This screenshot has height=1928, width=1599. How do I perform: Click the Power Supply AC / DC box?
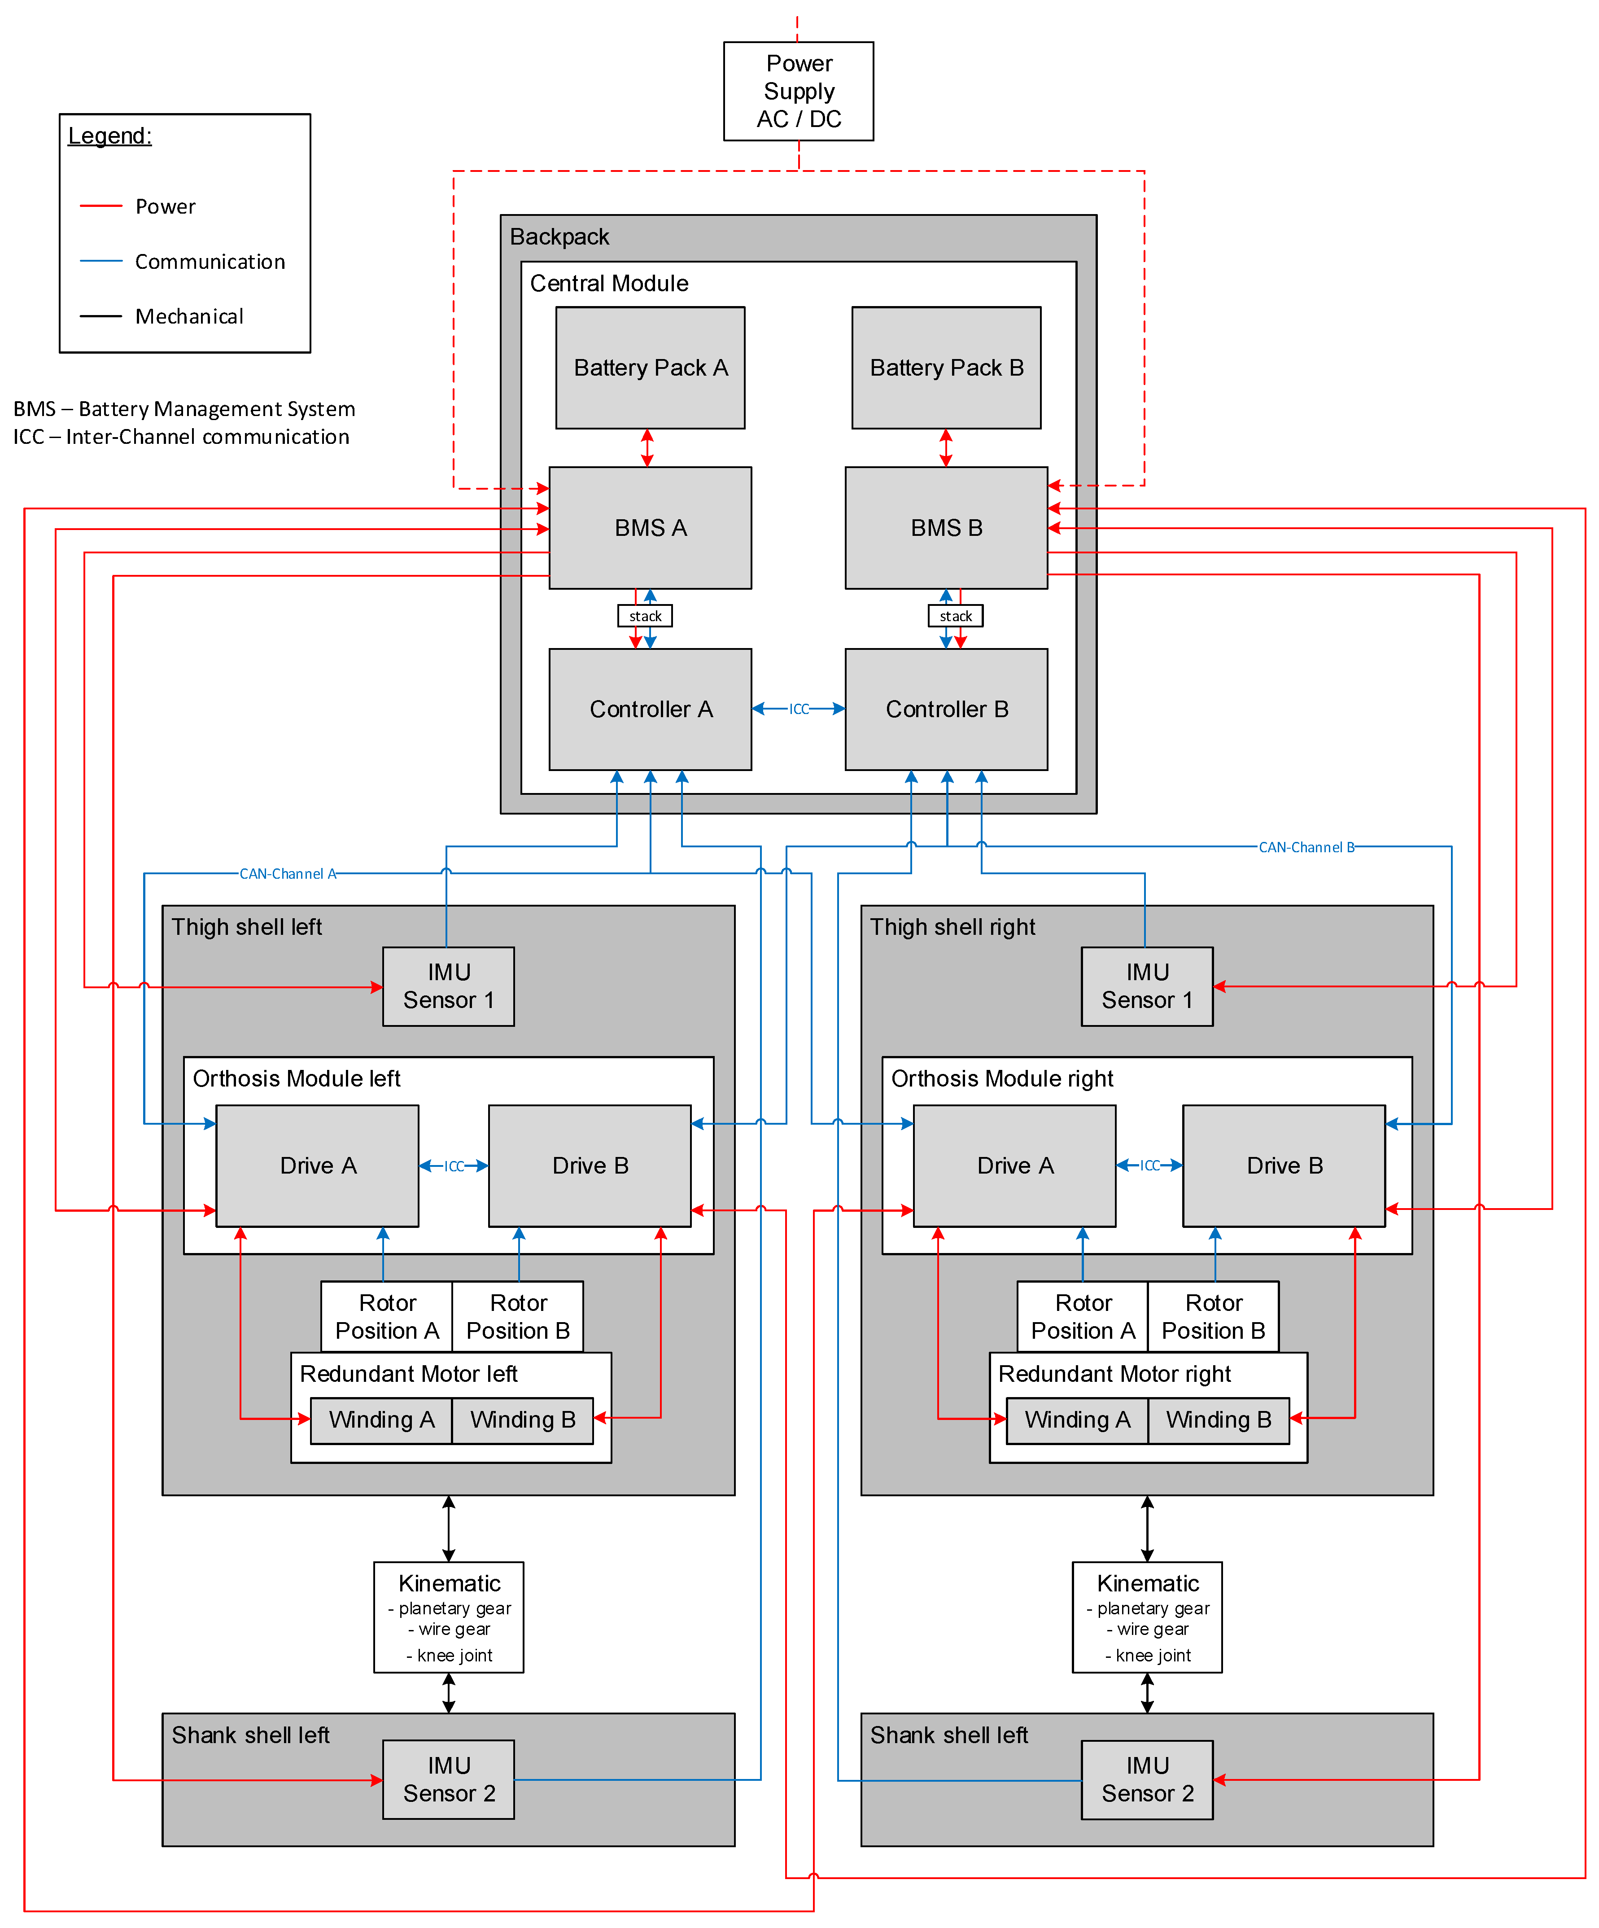799,91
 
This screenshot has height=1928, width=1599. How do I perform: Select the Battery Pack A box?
650,367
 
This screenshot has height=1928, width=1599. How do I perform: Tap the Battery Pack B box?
946,367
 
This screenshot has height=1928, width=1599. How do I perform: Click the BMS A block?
650,528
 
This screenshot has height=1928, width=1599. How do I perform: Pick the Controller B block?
946,709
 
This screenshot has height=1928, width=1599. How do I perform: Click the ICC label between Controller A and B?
799,709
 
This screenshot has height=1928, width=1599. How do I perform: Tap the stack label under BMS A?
645,616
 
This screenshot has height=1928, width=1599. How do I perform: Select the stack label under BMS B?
956,616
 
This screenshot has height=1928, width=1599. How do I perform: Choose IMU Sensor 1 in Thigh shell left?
449,986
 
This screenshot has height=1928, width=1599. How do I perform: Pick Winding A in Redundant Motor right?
1078,1420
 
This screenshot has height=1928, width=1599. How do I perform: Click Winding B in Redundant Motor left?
522,1420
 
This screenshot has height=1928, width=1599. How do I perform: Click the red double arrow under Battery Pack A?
647,448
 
